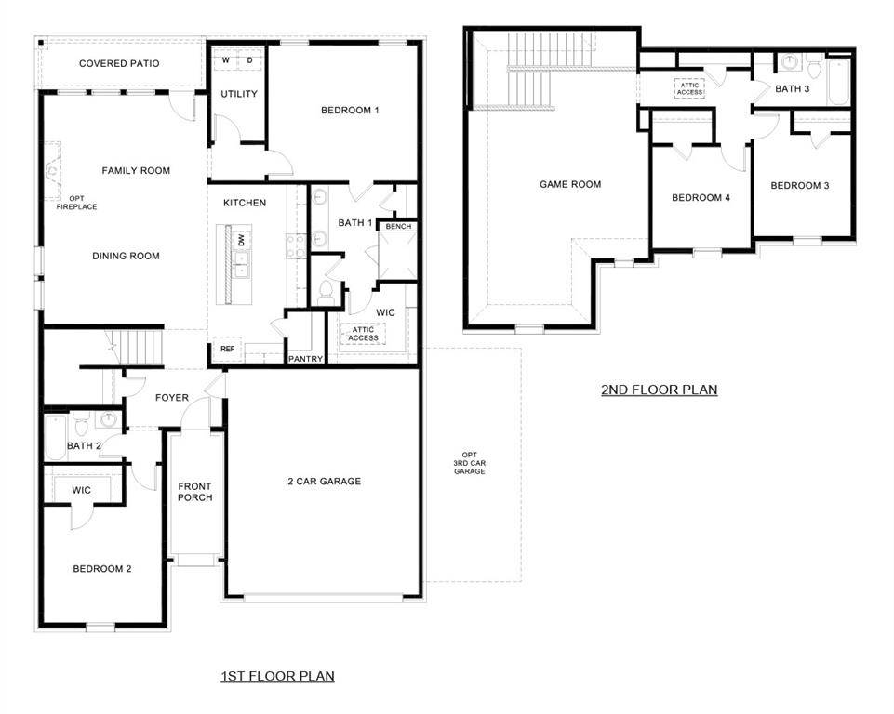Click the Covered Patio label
click(119, 64)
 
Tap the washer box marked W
click(226, 60)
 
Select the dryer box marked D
click(249, 60)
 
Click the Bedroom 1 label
click(350, 111)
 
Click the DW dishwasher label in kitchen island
click(241, 240)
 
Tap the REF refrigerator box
click(227, 350)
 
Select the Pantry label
click(305, 358)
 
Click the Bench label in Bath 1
click(398, 227)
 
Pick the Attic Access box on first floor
click(364, 334)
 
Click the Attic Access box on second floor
click(689, 88)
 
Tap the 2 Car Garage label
click(323, 482)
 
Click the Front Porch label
click(195, 491)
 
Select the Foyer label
click(171, 398)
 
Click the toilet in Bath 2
click(82, 425)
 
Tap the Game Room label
click(570, 185)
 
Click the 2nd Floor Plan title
click(659, 390)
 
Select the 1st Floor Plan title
click(276, 676)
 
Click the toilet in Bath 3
click(814, 70)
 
